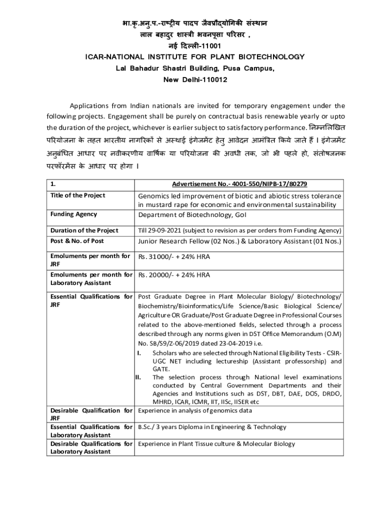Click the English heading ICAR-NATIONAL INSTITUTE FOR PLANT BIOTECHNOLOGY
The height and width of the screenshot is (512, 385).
pos(192,57)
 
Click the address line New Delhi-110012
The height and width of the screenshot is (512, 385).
pos(192,80)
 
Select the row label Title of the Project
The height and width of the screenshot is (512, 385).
pos(77,195)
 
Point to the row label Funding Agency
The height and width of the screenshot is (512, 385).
pos(73,214)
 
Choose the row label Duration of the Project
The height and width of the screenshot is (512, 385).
pos(84,230)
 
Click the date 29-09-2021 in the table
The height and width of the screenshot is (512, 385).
pos(165,230)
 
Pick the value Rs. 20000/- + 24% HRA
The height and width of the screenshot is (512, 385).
pos(174,275)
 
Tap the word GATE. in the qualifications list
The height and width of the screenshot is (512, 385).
pos(161,368)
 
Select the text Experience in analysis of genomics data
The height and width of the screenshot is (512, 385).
pos(195,411)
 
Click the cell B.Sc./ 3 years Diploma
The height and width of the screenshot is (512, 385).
pos(212,427)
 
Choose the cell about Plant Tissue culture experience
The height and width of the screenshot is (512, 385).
pos(216,443)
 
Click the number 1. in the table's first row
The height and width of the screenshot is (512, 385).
pos(52,184)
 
